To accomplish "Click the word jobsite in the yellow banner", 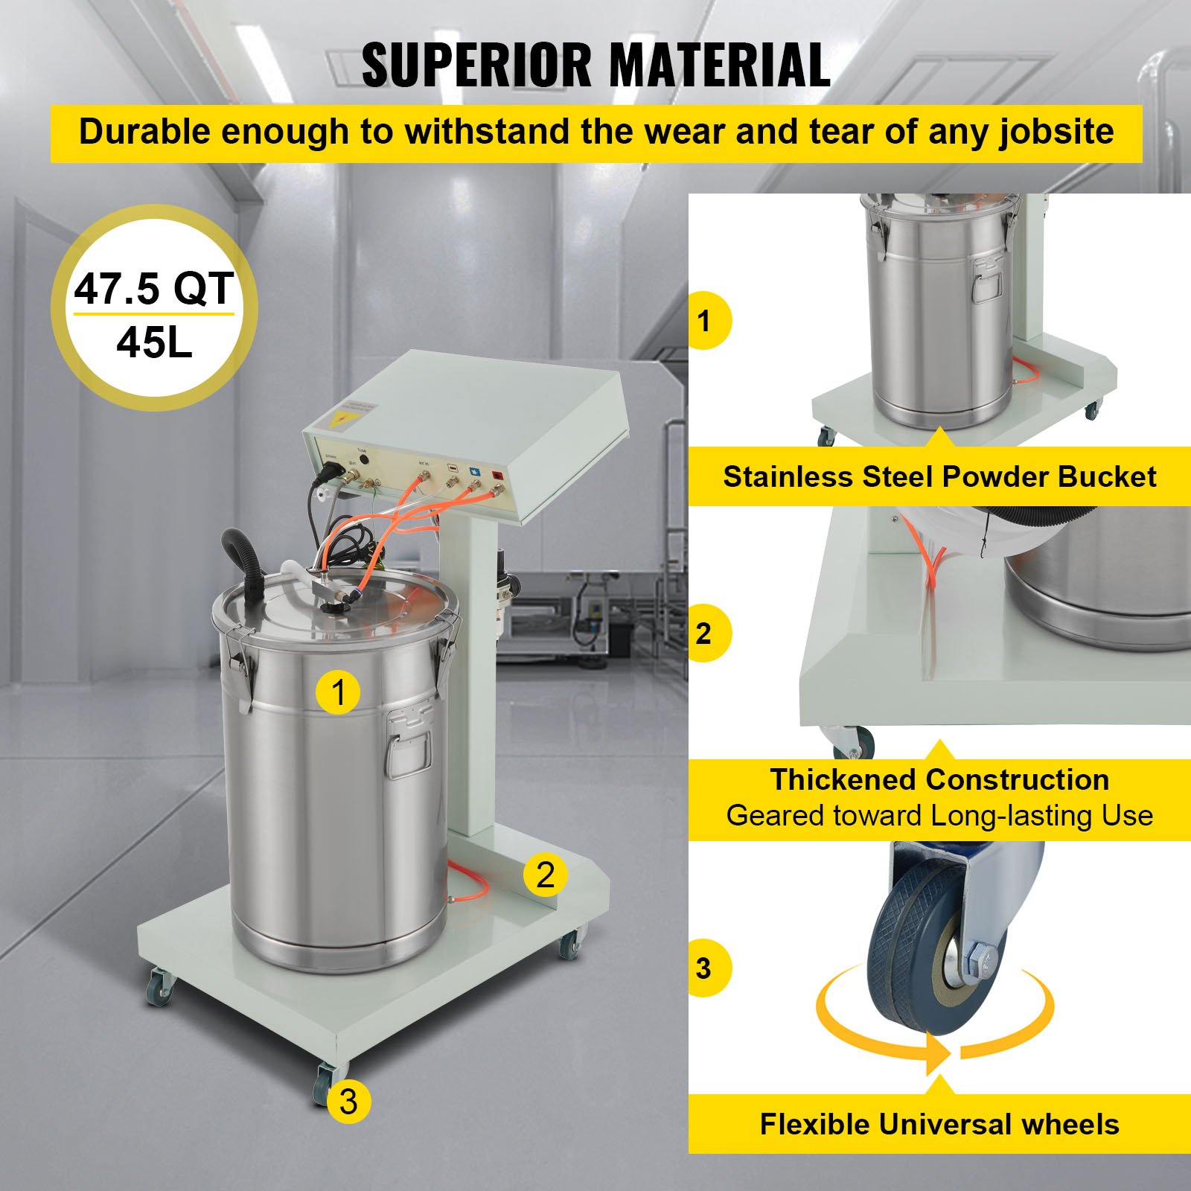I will pos(1056,132).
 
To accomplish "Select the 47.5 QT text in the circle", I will pos(153,289).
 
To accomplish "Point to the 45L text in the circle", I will pos(154,343).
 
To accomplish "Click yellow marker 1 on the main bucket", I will pos(338,692).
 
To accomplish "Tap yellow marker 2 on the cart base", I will pos(546,874).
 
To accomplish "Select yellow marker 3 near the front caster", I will pos(348,1101).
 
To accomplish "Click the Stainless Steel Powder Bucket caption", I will pos(939,477).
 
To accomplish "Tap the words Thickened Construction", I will pos(939,780).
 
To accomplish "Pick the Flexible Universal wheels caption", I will pos(939,1124).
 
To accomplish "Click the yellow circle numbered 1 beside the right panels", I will pos(704,321).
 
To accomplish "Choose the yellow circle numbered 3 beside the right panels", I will pos(704,968).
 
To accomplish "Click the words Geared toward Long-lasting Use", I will pos(939,816).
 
